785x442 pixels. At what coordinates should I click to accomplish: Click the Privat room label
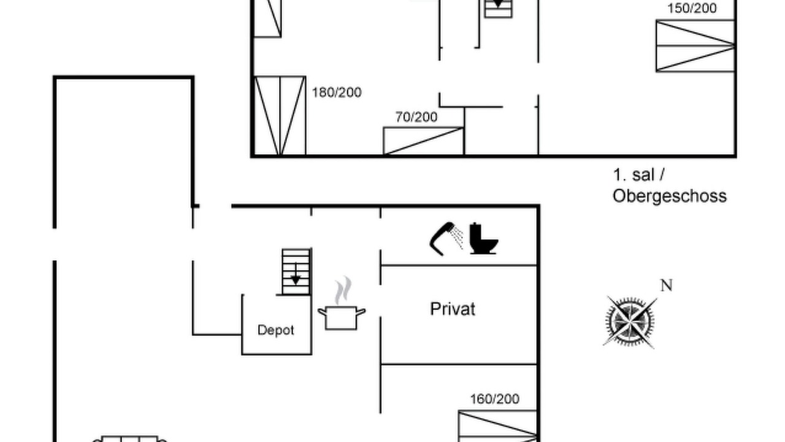[x=453, y=309]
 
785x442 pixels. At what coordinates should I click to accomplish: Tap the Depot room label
[x=275, y=330]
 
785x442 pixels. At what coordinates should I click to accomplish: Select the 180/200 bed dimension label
[x=337, y=93]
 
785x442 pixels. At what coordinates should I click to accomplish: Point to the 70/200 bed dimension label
[x=416, y=117]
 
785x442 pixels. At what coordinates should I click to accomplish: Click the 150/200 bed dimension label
[x=692, y=9]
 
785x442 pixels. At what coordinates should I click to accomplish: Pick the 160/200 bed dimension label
[x=494, y=399]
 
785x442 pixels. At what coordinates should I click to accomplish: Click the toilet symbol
[x=484, y=238]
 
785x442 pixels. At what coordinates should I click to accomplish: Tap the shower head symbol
[x=446, y=239]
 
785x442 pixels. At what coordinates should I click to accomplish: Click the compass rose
[x=630, y=321]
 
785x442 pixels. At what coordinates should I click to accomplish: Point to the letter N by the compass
[x=666, y=285]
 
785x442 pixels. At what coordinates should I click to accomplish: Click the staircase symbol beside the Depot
[x=296, y=272]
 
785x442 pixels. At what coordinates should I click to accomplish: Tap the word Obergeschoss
[x=669, y=196]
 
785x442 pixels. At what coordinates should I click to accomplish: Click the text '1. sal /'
[x=639, y=175]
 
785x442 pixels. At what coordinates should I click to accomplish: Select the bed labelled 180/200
[x=280, y=115]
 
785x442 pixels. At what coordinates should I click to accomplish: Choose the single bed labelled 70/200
[x=424, y=141]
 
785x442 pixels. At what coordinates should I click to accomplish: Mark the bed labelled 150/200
[x=695, y=46]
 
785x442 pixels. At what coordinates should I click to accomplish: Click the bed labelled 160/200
[x=497, y=426]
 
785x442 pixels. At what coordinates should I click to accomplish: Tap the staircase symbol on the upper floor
[x=498, y=9]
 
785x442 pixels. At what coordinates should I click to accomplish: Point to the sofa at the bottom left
[x=129, y=439]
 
